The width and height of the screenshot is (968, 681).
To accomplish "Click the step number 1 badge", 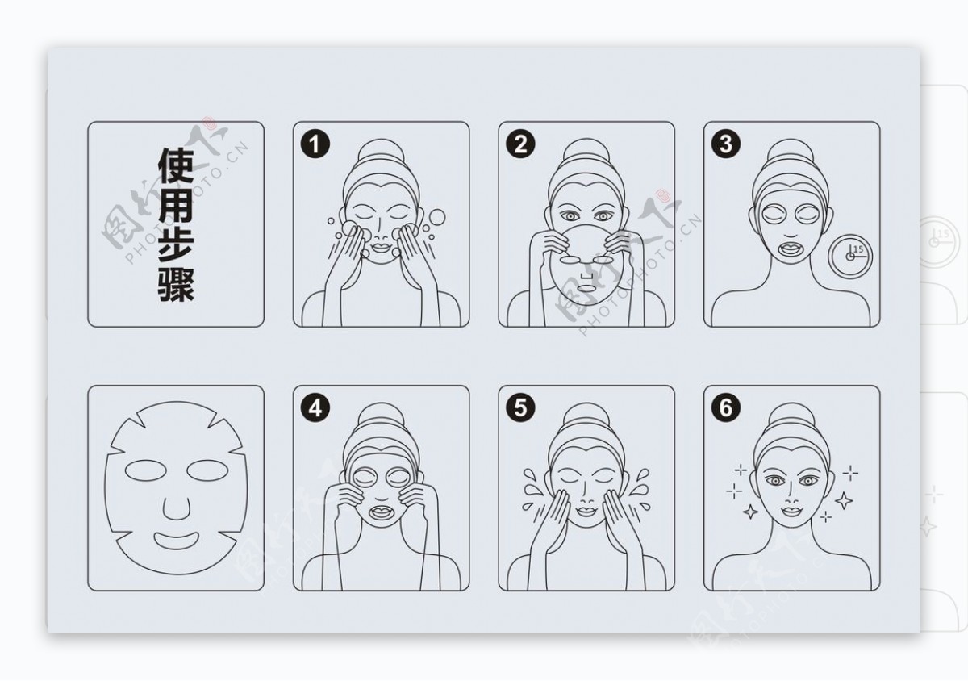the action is coord(315,144).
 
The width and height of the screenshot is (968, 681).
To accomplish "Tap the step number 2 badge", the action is coord(520,144).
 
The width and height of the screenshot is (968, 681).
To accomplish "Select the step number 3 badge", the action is coord(725,144).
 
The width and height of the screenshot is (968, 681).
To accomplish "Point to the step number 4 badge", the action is coord(315,407).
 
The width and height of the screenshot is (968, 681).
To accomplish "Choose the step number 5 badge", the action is coord(520,407).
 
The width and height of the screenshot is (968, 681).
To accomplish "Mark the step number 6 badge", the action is coord(725,407).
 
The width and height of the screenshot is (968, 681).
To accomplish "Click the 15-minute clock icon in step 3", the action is coord(849,257).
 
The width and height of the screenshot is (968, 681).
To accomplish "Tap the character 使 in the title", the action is coord(176,165).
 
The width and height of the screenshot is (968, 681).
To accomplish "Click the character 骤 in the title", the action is coord(176,284).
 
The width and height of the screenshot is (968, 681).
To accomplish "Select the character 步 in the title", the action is coord(176,244).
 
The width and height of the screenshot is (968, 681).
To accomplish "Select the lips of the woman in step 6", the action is coord(791,512).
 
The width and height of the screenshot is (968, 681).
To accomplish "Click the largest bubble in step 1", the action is coord(437,217).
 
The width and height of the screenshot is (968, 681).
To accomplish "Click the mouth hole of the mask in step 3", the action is coord(791,249).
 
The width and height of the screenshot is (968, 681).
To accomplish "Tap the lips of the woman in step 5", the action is coord(586,512).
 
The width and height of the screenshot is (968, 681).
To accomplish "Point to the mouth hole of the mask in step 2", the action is coord(586,288).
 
